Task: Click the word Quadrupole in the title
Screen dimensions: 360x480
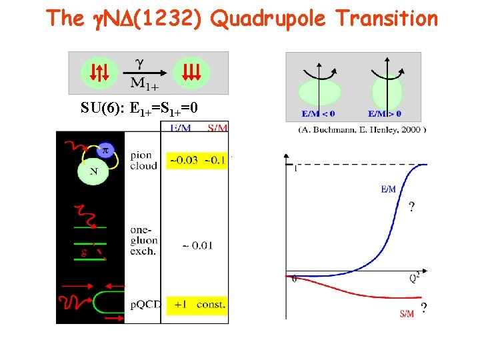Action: (268, 19)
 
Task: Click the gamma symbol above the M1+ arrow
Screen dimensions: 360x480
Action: (139, 63)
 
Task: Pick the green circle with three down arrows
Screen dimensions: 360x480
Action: (191, 72)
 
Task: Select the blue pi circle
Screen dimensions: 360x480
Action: (103, 153)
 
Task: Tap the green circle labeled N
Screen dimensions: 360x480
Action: (92, 172)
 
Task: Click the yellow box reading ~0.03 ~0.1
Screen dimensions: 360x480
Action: (197, 160)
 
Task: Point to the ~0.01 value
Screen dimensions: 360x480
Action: (196, 245)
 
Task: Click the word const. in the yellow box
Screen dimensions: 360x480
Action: (213, 305)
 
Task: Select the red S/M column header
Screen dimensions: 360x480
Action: (217, 128)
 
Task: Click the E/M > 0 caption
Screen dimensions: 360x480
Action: (385, 113)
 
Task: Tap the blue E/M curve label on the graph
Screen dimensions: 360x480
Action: (388, 189)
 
